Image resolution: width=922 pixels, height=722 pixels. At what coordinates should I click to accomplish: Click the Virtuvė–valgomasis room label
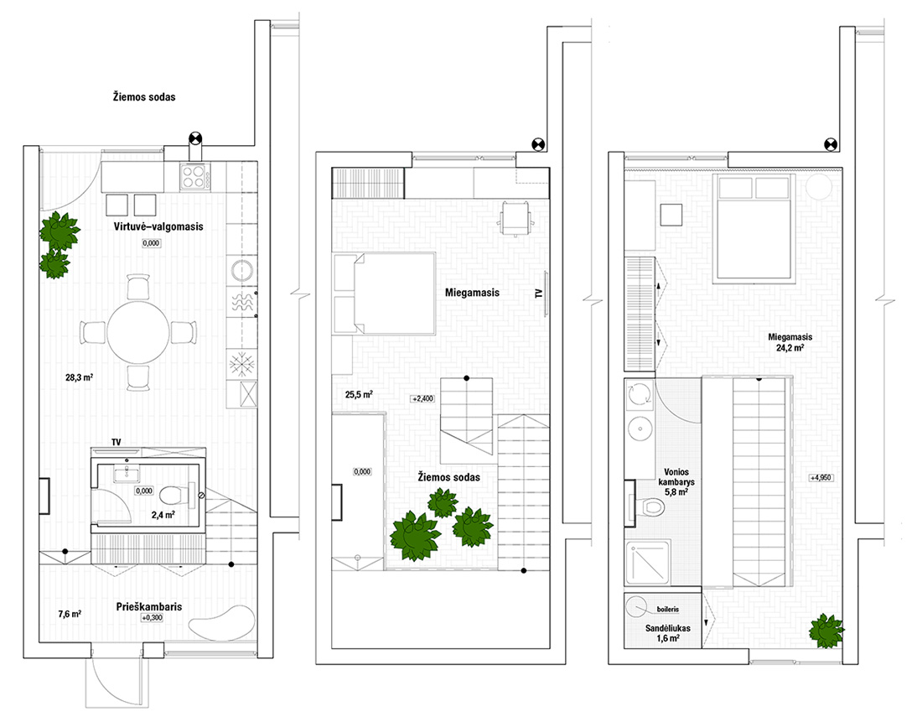click(x=158, y=226)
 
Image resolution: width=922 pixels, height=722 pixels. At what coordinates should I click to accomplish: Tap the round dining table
click(x=138, y=332)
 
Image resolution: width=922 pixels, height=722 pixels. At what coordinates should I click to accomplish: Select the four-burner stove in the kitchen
click(x=194, y=176)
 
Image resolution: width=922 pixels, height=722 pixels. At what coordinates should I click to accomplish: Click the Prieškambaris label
click(x=148, y=606)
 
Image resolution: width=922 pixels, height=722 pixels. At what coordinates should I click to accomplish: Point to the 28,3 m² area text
click(x=80, y=377)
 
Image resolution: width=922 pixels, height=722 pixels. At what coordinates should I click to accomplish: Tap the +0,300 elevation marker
click(x=153, y=618)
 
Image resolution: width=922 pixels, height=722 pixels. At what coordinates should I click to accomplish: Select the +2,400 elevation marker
click(x=422, y=398)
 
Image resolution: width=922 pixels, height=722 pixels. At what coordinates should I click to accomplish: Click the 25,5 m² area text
click(x=359, y=395)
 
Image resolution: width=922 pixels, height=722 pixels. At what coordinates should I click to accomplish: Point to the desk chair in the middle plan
click(x=515, y=218)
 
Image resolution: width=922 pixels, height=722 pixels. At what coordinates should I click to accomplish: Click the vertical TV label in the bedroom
click(x=539, y=293)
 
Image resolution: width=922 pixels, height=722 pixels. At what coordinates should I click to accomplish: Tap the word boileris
click(x=668, y=610)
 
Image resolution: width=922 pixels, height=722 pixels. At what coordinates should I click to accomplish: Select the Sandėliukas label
click(x=667, y=628)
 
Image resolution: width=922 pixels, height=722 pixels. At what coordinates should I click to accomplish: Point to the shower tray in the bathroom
click(x=647, y=563)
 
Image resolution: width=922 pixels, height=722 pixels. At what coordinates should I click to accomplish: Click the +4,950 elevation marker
click(x=821, y=478)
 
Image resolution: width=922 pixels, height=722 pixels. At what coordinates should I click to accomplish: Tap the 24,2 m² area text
click(x=790, y=348)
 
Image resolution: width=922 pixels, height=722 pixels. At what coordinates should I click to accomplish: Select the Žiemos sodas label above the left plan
click(x=144, y=97)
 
